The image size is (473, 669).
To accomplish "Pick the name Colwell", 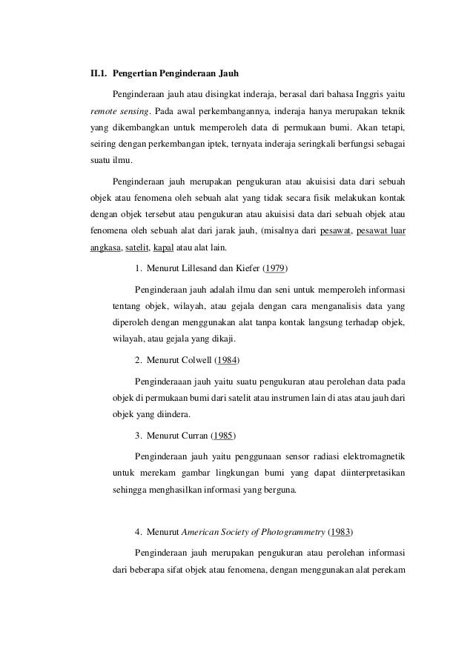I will [x=196, y=361].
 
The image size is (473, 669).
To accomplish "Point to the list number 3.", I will [x=139, y=433].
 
